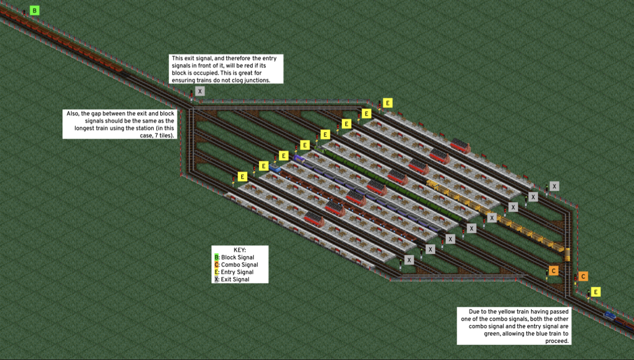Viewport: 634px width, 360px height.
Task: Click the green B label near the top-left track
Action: pyautogui.click(x=34, y=10)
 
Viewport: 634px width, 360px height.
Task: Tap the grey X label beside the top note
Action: pyautogui.click(x=200, y=91)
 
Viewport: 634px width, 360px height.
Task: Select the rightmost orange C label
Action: pyautogui.click(x=583, y=276)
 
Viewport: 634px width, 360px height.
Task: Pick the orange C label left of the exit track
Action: pyautogui.click(x=554, y=270)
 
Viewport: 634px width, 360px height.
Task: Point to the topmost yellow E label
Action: pyautogui.click(x=388, y=103)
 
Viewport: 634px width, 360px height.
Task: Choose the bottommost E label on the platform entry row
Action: pyautogui.click(x=242, y=177)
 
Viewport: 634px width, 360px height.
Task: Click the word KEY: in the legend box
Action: pyautogui.click(x=240, y=250)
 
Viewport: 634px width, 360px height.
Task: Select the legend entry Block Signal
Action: pyautogui.click(x=237, y=257)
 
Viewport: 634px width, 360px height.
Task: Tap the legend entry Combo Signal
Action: pyautogui.click(x=239, y=265)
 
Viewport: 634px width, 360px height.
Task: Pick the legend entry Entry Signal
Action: pyautogui.click(x=237, y=272)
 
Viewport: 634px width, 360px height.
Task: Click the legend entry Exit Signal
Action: pyautogui.click(x=235, y=279)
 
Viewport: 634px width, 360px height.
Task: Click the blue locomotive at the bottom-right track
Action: pyautogui.click(x=610, y=315)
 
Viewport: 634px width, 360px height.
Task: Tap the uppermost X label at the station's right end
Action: pyautogui.click(x=554, y=186)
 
